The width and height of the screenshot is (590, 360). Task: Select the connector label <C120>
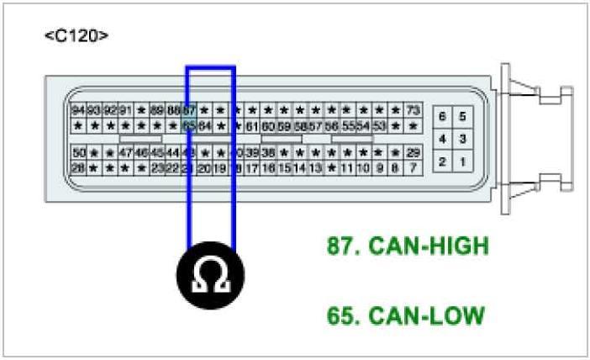[76, 35]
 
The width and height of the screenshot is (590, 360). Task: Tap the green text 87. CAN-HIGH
[408, 246]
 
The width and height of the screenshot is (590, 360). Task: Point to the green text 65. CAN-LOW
[406, 316]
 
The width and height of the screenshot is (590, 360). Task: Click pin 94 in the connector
[79, 110]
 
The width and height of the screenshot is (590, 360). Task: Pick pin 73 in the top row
[413, 110]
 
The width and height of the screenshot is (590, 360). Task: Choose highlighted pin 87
[189, 110]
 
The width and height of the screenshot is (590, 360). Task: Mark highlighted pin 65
[189, 126]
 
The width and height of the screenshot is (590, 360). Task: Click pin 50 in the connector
[79, 153]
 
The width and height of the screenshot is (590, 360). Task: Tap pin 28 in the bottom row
[79, 168]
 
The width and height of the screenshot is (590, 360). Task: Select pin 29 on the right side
[413, 153]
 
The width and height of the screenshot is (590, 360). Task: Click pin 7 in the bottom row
[413, 168]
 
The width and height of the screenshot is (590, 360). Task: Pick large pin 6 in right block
[443, 116]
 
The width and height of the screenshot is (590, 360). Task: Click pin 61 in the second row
[252, 126]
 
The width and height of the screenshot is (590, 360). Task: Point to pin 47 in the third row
[125, 153]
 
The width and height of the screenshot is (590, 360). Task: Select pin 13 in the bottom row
[315, 168]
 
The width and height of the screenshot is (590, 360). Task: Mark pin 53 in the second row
[380, 126]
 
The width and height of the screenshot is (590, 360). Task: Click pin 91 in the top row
[125, 110]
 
